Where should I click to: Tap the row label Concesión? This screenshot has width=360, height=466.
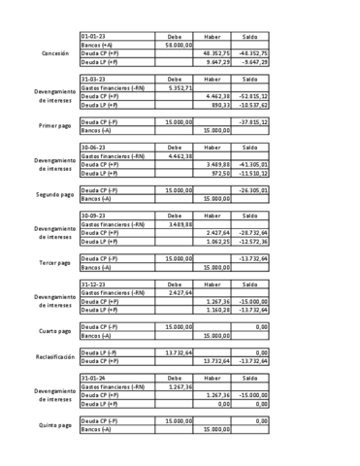point(49,52)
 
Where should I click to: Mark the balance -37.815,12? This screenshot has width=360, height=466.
point(252,122)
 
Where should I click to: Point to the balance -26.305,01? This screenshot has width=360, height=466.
point(252,190)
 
